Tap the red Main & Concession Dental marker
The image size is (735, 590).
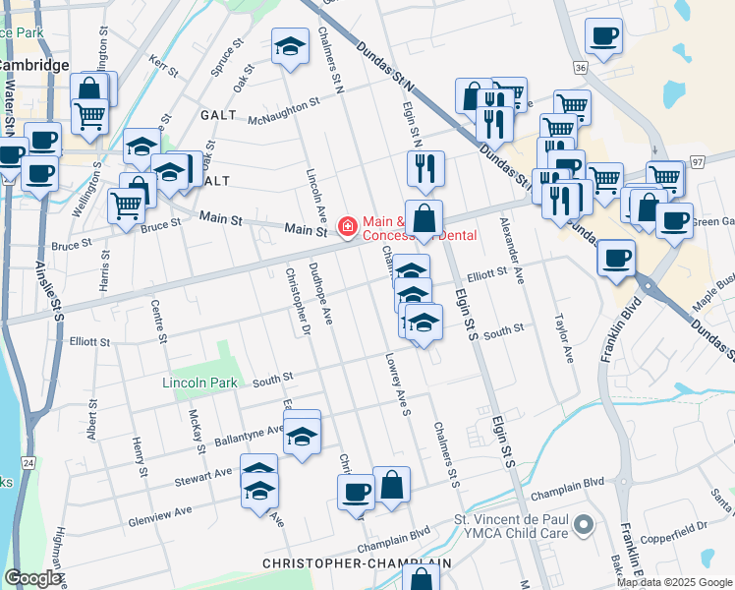click(x=347, y=227)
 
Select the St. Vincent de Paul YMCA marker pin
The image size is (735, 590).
click(x=583, y=523)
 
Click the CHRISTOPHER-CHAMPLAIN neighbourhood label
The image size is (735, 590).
click(x=357, y=563)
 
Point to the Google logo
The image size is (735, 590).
click(x=33, y=578)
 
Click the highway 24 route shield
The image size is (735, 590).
click(x=28, y=461)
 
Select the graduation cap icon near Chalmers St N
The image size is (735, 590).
click(x=290, y=47)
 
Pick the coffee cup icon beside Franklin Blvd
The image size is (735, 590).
click(x=615, y=258)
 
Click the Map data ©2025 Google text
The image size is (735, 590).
click(x=674, y=581)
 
